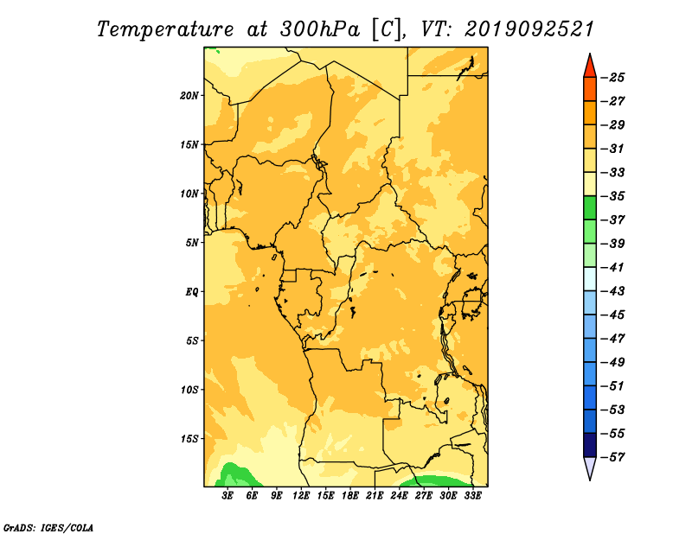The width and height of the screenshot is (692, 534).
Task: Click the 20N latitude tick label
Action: (189, 96)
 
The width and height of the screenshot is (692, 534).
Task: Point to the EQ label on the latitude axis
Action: (192, 292)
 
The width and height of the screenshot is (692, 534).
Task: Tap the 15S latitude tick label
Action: (189, 439)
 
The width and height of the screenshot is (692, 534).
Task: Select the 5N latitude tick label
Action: (192, 243)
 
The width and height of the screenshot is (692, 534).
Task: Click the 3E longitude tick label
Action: (227, 496)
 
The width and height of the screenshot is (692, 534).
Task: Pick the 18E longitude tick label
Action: (350, 496)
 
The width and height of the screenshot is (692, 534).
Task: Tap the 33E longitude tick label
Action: (472, 496)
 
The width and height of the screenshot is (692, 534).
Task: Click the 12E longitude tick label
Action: (301, 496)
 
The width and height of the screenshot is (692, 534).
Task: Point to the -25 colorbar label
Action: (613, 78)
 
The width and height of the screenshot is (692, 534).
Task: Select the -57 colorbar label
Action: (613, 457)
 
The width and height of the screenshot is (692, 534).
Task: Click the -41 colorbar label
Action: (613, 268)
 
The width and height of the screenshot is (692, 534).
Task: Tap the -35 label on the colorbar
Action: (613, 196)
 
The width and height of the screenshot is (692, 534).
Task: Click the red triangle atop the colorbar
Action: (590, 67)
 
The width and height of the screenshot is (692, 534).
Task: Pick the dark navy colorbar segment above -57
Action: (590, 445)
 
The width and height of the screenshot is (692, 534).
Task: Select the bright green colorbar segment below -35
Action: (590, 208)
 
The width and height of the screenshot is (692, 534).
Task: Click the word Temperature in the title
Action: (165, 29)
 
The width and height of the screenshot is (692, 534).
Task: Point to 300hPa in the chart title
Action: (320, 29)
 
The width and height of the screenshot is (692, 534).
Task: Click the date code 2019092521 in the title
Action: (529, 29)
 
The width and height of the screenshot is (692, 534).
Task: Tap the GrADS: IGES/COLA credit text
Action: (48, 528)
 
